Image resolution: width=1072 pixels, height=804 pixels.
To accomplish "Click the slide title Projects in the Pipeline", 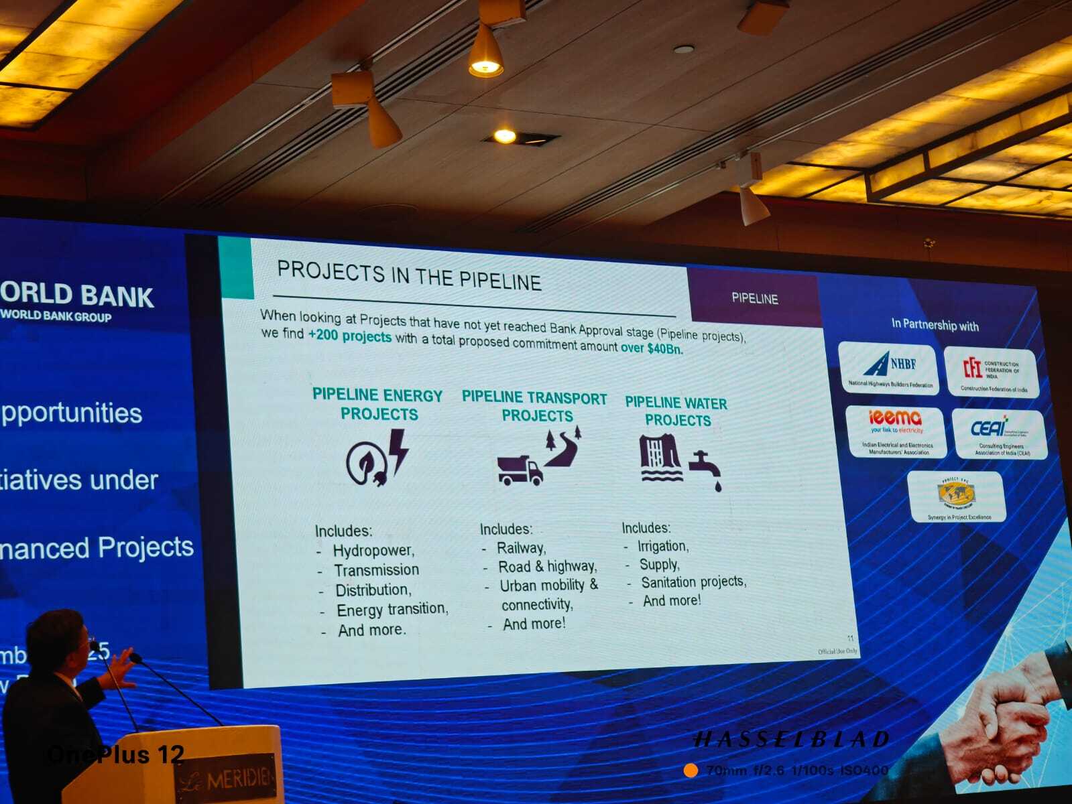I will [x=409, y=276].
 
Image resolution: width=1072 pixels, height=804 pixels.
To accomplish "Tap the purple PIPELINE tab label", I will [x=754, y=299].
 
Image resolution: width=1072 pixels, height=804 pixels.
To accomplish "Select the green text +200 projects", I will [x=349, y=336].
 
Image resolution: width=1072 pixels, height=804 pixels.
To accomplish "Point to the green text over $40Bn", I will [x=652, y=348].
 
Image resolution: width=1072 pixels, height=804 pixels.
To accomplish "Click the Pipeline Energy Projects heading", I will [x=378, y=405].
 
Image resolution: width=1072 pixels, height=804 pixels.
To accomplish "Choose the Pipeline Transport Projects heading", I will [x=535, y=407].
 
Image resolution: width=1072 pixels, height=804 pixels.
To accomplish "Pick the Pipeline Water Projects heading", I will [x=676, y=411].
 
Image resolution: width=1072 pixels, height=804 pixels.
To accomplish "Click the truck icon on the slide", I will [x=520, y=469].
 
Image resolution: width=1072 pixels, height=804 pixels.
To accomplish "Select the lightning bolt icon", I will [x=398, y=450].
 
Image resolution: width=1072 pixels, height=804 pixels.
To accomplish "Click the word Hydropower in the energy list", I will [x=373, y=551].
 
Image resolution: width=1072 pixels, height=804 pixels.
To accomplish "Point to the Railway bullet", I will [x=521, y=548].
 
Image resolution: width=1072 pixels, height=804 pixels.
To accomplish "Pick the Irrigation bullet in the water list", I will [x=662, y=546].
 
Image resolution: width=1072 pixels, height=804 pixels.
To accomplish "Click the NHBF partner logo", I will [x=889, y=368].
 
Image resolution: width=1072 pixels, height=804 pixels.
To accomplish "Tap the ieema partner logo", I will [x=896, y=431].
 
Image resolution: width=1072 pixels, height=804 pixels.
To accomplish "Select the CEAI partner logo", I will [x=998, y=433].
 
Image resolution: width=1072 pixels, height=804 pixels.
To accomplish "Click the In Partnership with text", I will [x=935, y=325].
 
